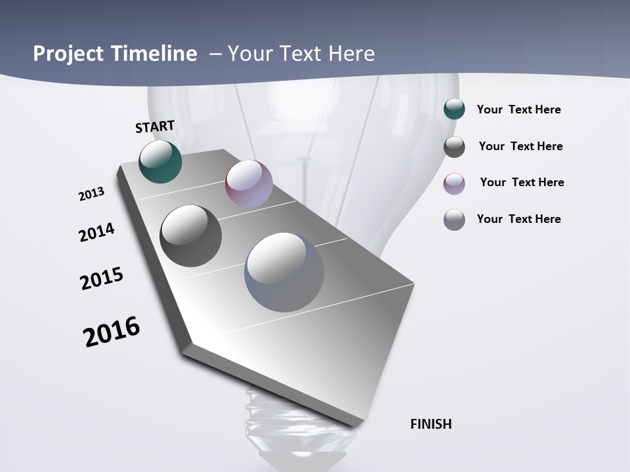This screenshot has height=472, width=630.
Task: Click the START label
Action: tap(155, 127)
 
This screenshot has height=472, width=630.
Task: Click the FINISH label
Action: tap(430, 424)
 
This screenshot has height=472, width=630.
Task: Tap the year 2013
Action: tap(91, 194)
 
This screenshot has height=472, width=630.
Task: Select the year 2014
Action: tap(96, 232)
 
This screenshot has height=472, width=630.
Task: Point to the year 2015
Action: tap(102, 279)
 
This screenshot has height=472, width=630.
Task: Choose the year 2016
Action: tap(112, 332)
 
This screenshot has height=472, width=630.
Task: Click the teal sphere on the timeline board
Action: tap(160, 161)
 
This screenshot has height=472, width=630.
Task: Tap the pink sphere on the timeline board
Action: tap(249, 184)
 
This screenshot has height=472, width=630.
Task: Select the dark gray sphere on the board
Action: tap(190, 236)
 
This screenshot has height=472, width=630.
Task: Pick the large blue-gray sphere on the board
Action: tap(284, 272)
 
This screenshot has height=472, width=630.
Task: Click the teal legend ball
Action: tap(454, 109)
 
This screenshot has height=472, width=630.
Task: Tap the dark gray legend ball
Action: tap(454, 147)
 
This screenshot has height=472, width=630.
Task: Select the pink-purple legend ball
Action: tap(454, 184)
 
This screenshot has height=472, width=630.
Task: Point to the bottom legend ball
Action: tap(454, 220)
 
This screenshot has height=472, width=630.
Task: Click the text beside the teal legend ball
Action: tap(518, 110)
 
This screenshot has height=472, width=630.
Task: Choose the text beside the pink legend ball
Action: tap(522, 182)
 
